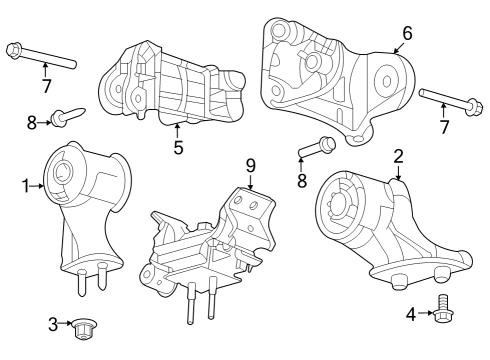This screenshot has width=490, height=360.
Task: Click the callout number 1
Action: coord(26,185)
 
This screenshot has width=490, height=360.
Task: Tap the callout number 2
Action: coord(398,156)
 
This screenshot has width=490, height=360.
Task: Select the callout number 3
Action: coord(53,324)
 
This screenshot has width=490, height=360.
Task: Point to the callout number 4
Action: coord(410,315)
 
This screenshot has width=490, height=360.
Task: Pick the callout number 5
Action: coord(178,147)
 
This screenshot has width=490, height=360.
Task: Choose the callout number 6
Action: coord(407,32)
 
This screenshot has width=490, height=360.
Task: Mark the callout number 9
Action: coord(250,165)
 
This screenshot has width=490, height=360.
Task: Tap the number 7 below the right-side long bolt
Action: coord(445,127)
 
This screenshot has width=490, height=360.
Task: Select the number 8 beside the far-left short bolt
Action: coord(32,122)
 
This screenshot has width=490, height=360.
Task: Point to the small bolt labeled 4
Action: coord(445,311)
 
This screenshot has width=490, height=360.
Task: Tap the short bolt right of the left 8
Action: coord(68,118)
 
